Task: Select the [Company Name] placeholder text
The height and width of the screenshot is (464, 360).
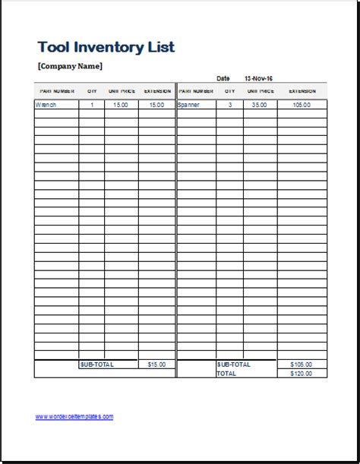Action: point(69,66)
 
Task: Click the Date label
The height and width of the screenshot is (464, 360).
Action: point(223,78)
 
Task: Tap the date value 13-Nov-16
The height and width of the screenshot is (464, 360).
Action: point(258,78)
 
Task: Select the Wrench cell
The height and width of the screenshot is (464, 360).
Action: point(46,105)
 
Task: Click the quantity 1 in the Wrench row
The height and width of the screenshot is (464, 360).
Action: point(92,105)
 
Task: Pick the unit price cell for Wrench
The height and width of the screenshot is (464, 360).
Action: point(122,105)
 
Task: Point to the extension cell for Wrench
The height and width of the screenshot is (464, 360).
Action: point(156,105)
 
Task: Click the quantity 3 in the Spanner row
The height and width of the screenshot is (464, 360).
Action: point(229,105)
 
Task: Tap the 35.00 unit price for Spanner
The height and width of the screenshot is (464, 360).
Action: point(260,105)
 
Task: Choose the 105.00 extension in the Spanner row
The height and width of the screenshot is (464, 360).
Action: point(302,105)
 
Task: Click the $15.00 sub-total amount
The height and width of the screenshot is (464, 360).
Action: point(156,365)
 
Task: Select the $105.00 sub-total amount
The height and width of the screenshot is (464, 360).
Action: point(302,365)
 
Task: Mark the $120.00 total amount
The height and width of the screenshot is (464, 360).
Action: point(302,374)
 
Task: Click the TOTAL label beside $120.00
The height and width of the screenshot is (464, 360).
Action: point(226,374)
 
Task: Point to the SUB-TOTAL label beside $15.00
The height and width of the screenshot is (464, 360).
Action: point(96,365)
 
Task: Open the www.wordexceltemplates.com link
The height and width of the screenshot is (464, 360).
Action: point(74,416)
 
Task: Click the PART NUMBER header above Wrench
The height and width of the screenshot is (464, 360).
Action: point(56,90)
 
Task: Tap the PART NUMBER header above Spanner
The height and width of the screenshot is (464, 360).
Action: point(196,90)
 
